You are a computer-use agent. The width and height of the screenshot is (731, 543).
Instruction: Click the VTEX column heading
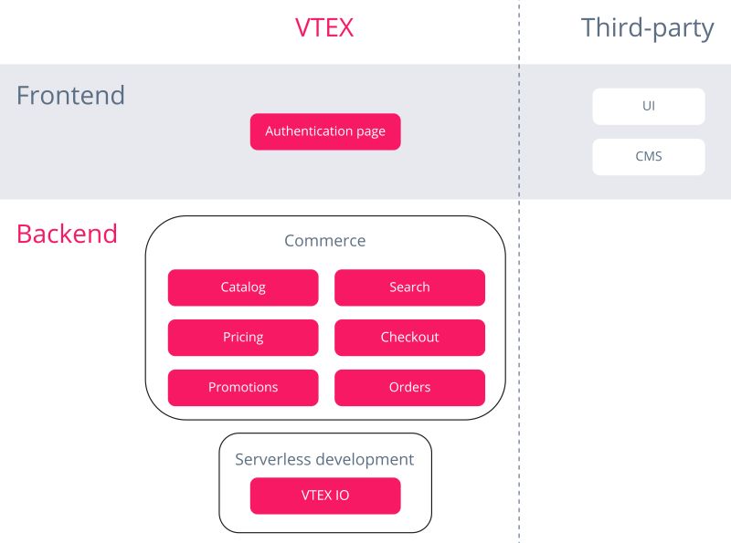click(324, 28)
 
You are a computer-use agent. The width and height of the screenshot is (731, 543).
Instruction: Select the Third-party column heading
click(647, 28)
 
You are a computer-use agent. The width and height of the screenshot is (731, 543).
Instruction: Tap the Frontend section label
click(70, 95)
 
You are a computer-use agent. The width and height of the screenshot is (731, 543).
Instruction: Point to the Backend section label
click(67, 234)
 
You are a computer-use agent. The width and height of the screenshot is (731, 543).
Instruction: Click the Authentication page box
click(325, 131)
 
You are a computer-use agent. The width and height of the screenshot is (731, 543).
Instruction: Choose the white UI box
click(649, 106)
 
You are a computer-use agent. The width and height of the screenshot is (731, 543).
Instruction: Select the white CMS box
click(649, 156)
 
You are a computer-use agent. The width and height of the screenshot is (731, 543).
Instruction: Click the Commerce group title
click(324, 241)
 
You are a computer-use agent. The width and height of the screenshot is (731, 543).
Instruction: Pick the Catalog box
click(243, 287)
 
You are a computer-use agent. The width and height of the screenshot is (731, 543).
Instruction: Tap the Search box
click(409, 287)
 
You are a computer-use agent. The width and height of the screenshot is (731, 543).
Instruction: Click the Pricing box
click(243, 338)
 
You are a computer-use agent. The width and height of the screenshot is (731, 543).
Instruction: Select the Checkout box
click(409, 338)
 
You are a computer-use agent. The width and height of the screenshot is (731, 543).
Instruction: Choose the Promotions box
click(243, 388)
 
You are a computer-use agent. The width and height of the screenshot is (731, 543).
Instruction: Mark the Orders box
click(409, 388)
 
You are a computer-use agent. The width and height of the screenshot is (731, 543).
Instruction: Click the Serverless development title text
click(324, 460)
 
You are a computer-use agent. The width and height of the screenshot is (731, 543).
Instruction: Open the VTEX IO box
click(325, 496)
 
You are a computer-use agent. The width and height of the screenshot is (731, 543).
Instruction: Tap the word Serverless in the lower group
click(271, 460)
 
